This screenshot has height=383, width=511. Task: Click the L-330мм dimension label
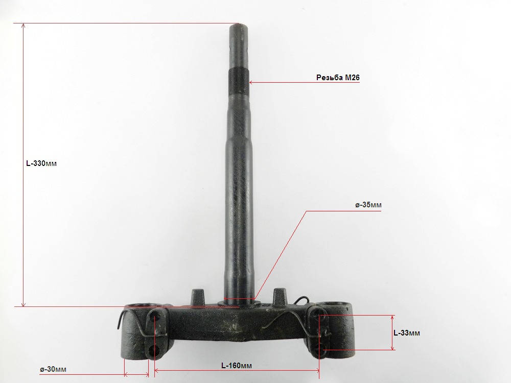coord(41,163)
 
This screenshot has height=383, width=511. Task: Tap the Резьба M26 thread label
coord(338,78)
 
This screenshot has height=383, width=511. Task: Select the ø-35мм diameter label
coord(368,205)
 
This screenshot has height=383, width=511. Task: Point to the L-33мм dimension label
coord(407,333)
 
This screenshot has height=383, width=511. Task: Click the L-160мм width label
coord(237,366)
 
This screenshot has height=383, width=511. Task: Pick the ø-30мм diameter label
coord(53,369)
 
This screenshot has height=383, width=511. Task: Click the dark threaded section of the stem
coord(239,81)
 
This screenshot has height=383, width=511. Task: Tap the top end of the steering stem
coord(240,26)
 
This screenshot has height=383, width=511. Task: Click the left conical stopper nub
coord(197,296)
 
